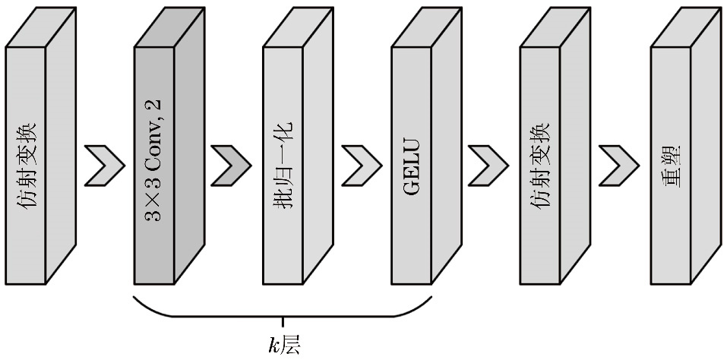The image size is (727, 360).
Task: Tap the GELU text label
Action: pyautogui.click(x=411, y=165)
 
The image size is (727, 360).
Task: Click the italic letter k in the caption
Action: pyautogui.click(x=273, y=346)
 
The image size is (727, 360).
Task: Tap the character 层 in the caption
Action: pyautogui.click(x=291, y=346)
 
